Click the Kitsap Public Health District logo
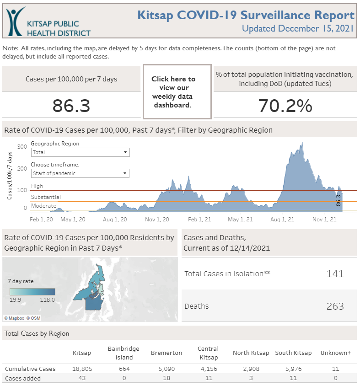pos(48,22)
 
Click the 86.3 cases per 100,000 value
pos(71,106)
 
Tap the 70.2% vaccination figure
pos(285,106)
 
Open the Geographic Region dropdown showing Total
pos(80,152)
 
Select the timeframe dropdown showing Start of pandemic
pos(80,173)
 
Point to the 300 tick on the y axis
pos(22,146)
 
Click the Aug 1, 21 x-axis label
pos(282,220)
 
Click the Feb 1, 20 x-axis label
pos(41,220)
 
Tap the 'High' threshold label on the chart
pos(37,186)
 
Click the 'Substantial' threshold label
pos(46,197)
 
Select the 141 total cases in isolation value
pos(335,273)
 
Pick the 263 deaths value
pos(335,306)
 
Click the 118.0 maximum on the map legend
pos(47,300)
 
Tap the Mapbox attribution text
pos(16,318)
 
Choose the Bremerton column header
pos(167,353)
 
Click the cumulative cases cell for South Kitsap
pos(293,369)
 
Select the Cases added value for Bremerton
pos(167,378)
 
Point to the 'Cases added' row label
pos(23,378)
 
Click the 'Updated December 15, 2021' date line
pos(298,28)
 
